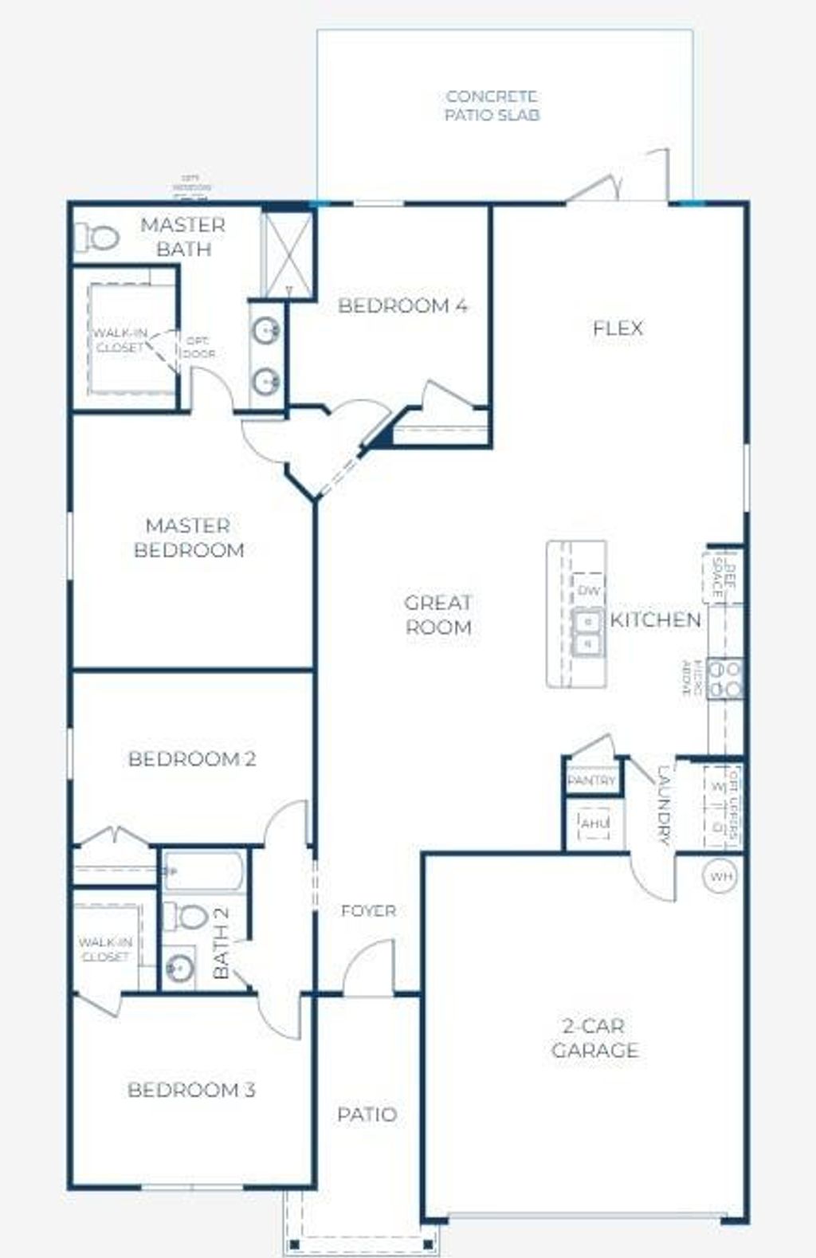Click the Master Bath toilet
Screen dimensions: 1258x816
pyautogui.click(x=98, y=238)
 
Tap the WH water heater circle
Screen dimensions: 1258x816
pyautogui.click(x=720, y=877)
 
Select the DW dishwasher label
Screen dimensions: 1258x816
pyautogui.click(x=589, y=591)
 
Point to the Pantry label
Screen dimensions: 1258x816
pyautogui.click(x=591, y=780)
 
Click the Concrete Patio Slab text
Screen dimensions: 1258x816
pyautogui.click(x=492, y=105)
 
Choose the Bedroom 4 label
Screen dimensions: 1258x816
pyautogui.click(x=402, y=305)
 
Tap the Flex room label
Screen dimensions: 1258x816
pyautogui.click(x=618, y=328)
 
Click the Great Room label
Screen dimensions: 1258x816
pyautogui.click(x=438, y=615)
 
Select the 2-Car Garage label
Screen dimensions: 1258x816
pyautogui.click(x=594, y=1038)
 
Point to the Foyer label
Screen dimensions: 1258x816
pyautogui.click(x=368, y=910)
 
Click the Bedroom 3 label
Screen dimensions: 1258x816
pyautogui.click(x=191, y=1090)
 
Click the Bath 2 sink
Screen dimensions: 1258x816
pyautogui.click(x=178, y=969)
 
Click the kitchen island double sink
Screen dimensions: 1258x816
pyautogui.click(x=588, y=631)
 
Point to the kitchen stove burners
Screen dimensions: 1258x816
pyautogui.click(x=725, y=678)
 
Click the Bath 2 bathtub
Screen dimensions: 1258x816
pyautogui.click(x=204, y=871)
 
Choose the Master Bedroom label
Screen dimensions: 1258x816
pyautogui.click(x=189, y=538)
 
